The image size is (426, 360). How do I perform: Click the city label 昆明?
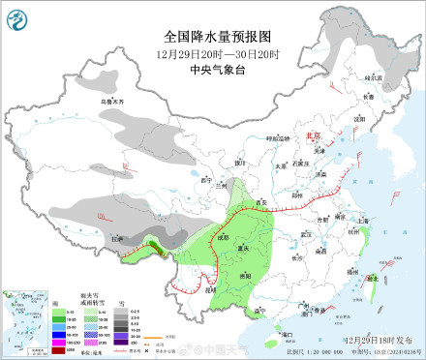click(208, 288)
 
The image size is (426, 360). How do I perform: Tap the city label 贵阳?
click(250, 276)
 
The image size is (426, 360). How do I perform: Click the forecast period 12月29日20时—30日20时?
click(218, 52)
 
